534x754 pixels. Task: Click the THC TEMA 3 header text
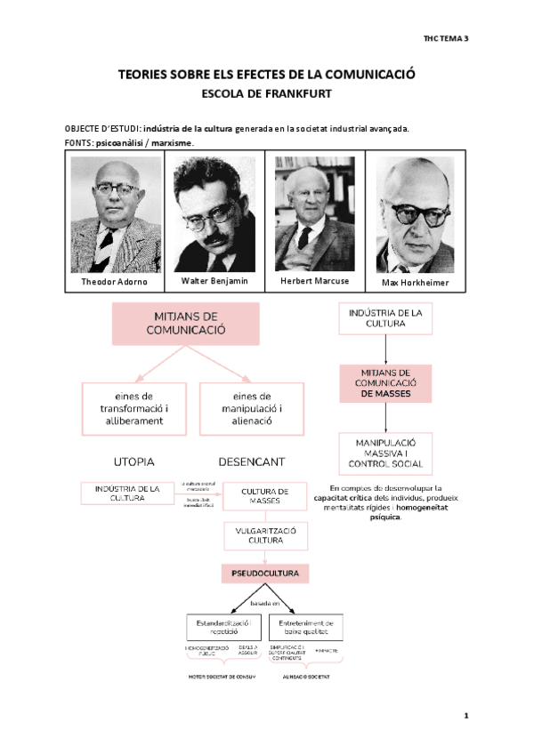(x=446, y=39)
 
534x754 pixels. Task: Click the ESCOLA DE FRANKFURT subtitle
(x=267, y=92)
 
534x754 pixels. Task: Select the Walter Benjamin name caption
(x=214, y=281)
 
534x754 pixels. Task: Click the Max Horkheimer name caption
(x=415, y=283)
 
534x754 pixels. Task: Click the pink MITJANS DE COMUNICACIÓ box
(x=185, y=324)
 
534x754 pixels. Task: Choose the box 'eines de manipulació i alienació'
(x=250, y=408)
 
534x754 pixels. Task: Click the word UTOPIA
(x=133, y=462)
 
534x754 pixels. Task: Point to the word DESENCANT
(x=251, y=462)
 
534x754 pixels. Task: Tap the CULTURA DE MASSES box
(x=265, y=496)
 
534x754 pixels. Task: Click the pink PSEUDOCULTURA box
(x=265, y=573)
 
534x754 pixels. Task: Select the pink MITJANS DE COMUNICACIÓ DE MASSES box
(x=384, y=383)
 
